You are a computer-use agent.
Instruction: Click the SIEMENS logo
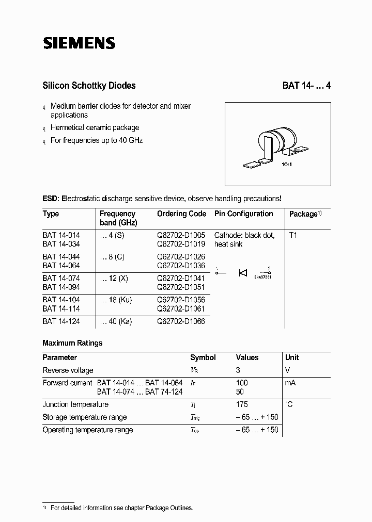(x=79, y=44)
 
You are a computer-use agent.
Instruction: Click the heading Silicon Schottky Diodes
(x=89, y=86)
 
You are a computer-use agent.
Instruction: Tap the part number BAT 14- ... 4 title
(x=306, y=86)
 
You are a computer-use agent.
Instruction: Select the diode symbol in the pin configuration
(x=243, y=273)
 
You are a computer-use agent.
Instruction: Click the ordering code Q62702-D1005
(x=181, y=235)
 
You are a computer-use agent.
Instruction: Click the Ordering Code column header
(x=181, y=214)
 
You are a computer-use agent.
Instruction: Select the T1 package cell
(x=293, y=235)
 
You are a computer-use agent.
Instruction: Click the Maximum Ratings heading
(x=72, y=343)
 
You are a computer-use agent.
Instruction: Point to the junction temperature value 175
(x=242, y=404)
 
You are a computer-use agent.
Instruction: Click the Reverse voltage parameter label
(x=68, y=370)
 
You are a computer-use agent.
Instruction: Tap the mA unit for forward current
(x=290, y=383)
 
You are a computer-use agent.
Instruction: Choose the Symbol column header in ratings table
(x=203, y=357)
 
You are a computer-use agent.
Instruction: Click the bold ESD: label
(x=51, y=199)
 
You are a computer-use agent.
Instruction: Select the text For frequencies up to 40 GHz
(x=96, y=140)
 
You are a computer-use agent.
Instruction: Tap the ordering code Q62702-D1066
(x=181, y=321)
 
